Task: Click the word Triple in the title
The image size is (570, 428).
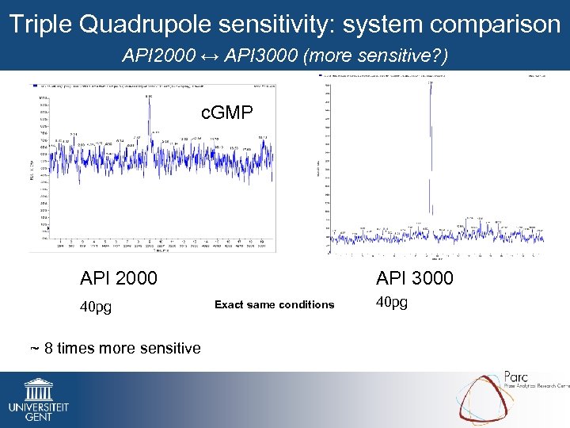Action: (x=40, y=25)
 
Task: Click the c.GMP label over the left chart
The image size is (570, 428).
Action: (x=227, y=113)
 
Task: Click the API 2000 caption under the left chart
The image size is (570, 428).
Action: (x=119, y=278)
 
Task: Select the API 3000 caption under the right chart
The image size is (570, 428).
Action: (x=415, y=278)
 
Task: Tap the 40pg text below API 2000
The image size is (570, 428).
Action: (x=96, y=306)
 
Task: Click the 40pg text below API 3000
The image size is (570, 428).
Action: (x=392, y=302)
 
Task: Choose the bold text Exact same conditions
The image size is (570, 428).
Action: (x=275, y=305)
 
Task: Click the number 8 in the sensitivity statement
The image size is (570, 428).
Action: (x=50, y=348)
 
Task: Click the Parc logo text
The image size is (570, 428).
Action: (x=519, y=376)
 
